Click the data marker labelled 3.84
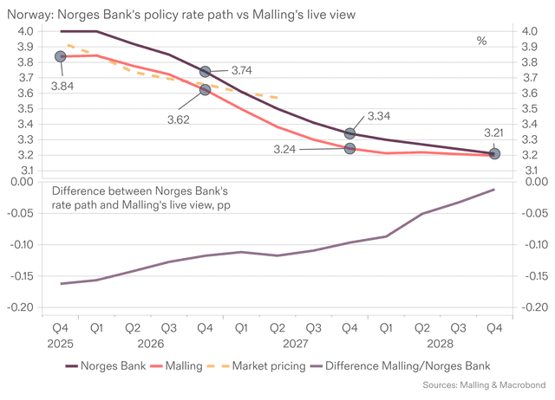click(x=61, y=56)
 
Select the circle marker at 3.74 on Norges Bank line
click(x=206, y=71)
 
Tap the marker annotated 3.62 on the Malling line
click(x=206, y=89)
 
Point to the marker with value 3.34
click(x=349, y=133)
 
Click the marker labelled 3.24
click(x=349, y=148)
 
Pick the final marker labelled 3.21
click(x=494, y=153)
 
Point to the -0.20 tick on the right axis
click(x=533, y=307)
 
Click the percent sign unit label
click(x=482, y=41)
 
